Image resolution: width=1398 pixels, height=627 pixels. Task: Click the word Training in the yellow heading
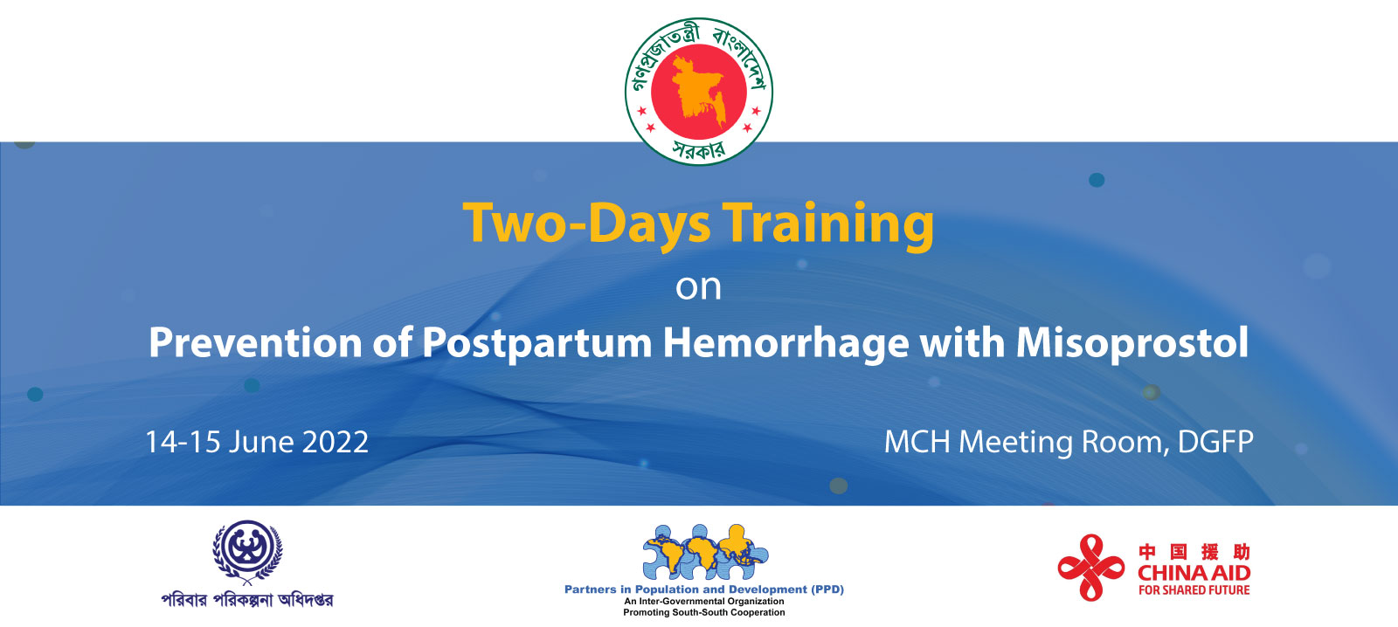pos(828,224)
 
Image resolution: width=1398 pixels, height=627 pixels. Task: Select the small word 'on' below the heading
pos(698,287)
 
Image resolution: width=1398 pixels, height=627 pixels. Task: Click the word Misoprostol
pos(1132,342)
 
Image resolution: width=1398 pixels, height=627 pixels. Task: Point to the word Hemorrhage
pos(786,342)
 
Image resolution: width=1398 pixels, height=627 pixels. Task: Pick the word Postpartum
pos(536,342)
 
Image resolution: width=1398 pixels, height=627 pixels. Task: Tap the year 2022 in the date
pos(335,442)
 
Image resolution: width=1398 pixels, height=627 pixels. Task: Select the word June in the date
pos(260,442)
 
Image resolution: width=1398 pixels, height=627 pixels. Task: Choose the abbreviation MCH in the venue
pos(917,442)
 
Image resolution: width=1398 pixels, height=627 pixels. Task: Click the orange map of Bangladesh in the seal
pos(698,89)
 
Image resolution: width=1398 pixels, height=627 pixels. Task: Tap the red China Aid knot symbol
pos(1090,568)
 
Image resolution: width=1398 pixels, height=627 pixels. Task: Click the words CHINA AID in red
pos(1194,573)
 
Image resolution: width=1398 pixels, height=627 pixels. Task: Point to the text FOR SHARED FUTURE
pos(1194,590)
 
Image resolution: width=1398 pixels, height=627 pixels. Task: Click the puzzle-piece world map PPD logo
pos(704,552)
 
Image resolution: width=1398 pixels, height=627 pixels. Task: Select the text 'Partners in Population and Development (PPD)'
pos(704,589)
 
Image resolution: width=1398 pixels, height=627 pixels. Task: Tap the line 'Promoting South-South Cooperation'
pos(704,612)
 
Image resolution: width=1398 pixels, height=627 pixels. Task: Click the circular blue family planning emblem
pos(247,550)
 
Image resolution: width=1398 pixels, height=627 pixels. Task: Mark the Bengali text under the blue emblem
pos(247,600)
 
